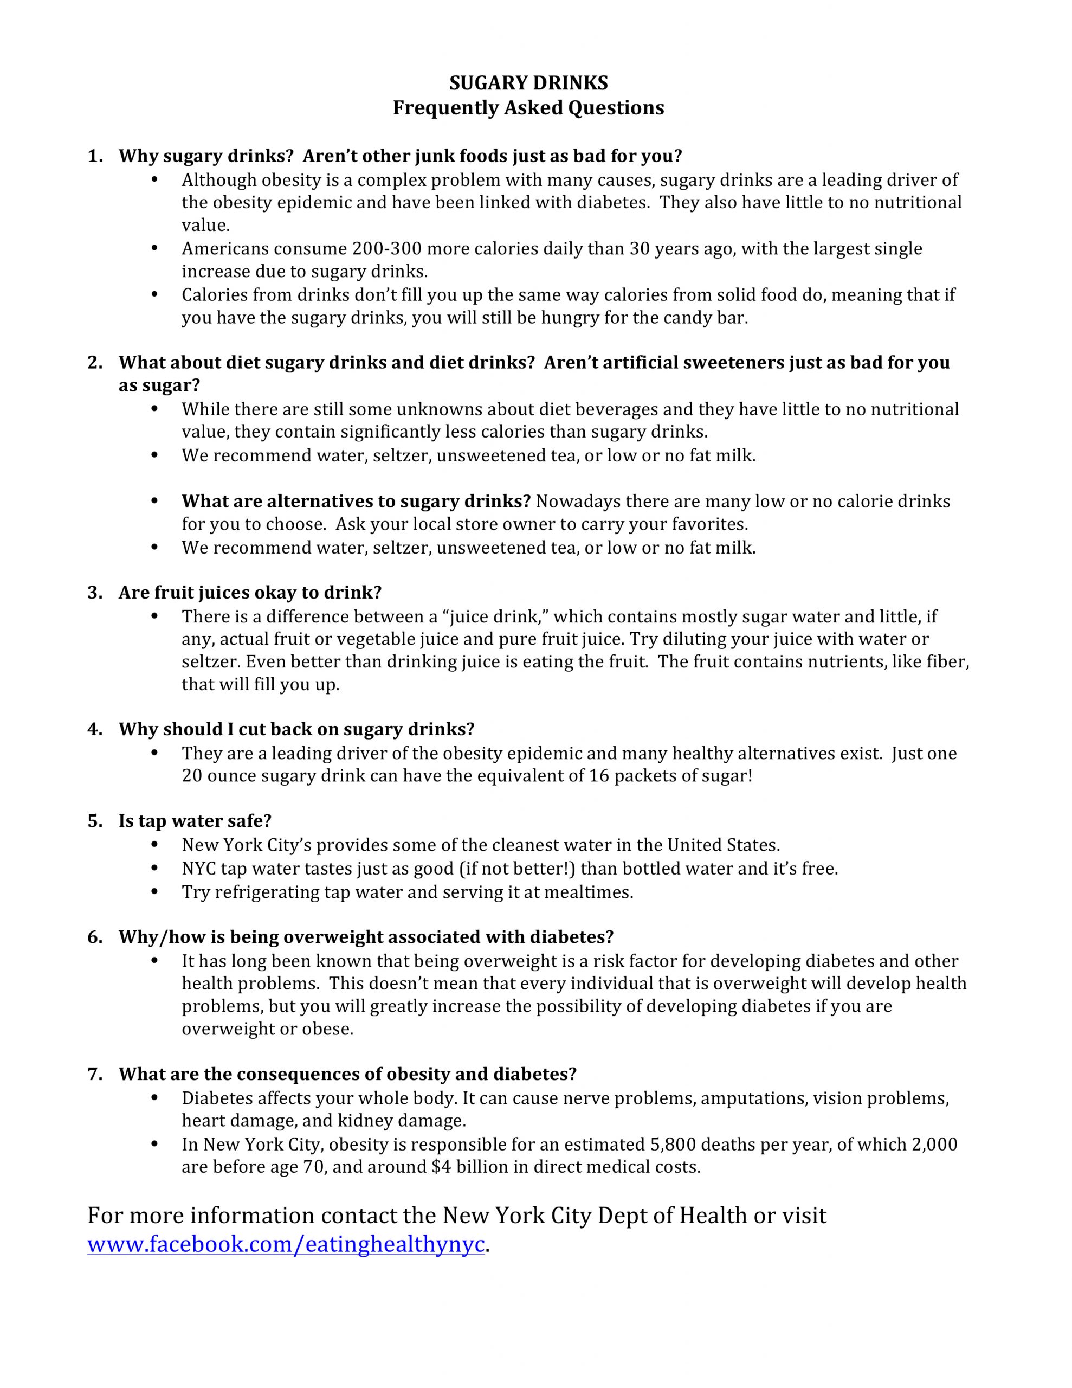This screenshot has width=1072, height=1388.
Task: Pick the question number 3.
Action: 95,593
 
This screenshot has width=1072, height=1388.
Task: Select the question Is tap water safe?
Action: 195,821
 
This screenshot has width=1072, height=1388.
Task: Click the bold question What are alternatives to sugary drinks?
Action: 356,502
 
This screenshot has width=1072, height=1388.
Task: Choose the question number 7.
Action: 95,1075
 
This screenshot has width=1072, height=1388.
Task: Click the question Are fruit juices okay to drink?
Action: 250,593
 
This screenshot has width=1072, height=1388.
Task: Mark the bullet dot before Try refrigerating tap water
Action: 154,892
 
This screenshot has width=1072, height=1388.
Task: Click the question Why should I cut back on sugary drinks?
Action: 296,730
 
